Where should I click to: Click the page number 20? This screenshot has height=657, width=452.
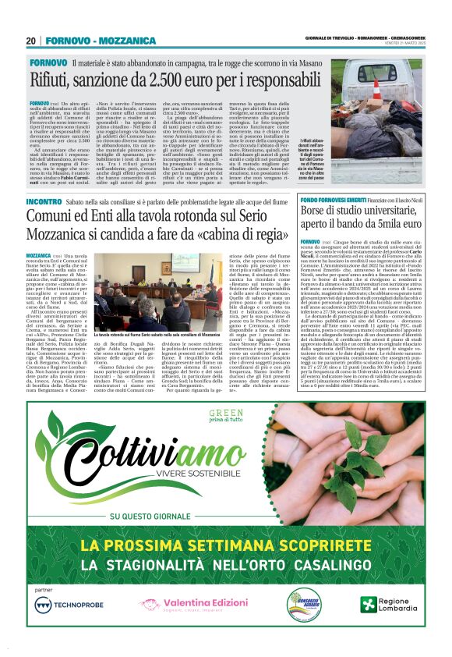(31, 41)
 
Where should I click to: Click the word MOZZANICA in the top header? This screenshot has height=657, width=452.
(115, 41)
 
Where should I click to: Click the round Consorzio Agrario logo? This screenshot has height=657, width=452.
(303, 604)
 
